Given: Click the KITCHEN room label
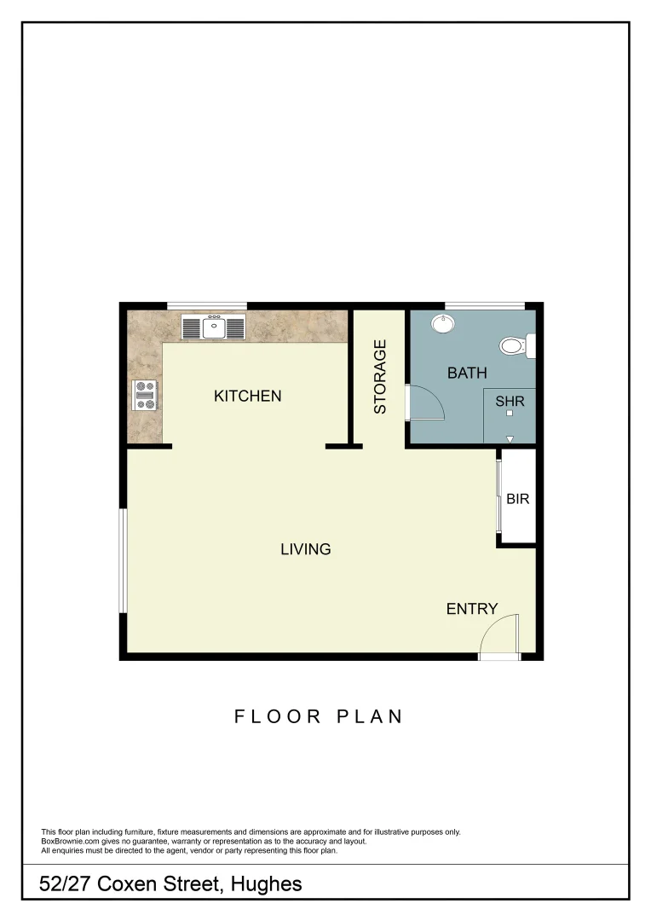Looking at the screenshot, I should coord(247,396).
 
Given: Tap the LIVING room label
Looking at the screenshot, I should coord(305,549).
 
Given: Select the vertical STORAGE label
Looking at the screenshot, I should coord(381,377).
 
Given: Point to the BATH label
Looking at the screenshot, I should coord(467,373).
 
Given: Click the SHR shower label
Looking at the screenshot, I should coord(510,400).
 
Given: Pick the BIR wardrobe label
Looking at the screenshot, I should coord(518,499).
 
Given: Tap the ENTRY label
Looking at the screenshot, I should coord(471,609).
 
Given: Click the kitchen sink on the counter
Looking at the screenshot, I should coord(213,326).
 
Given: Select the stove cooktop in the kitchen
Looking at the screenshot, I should coord(145,395).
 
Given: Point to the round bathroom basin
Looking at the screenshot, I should coord(442,324).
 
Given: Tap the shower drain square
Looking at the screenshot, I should coord(510,414).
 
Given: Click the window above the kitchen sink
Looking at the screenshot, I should coord(207,306).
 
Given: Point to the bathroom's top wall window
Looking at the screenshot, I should coord(485,306).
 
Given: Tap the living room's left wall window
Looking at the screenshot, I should coord(124,560).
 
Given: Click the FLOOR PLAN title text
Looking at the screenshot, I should coord(319,716).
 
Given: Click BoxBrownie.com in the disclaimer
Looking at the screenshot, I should coord(70,841).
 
